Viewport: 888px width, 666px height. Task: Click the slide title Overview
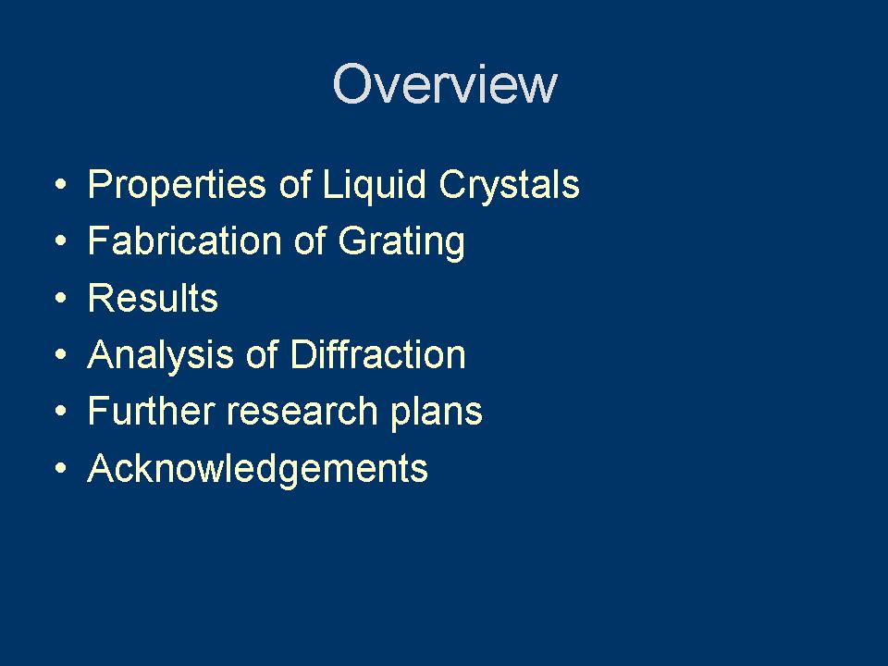pos(444,84)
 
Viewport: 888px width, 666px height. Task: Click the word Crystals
pos(509,185)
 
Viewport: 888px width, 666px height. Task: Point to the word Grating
pos(401,242)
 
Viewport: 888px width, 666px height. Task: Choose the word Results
pos(153,299)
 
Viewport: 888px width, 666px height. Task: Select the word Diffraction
pos(377,355)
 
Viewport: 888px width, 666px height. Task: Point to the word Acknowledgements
pos(257,469)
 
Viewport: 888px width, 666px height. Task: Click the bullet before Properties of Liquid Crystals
pos(60,185)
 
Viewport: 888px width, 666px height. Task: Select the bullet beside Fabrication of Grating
pos(60,242)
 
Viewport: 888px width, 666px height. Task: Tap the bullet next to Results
pos(60,299)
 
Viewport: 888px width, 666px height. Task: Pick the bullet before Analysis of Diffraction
pos(60,355)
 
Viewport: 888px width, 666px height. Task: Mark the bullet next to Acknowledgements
pos(60,469)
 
